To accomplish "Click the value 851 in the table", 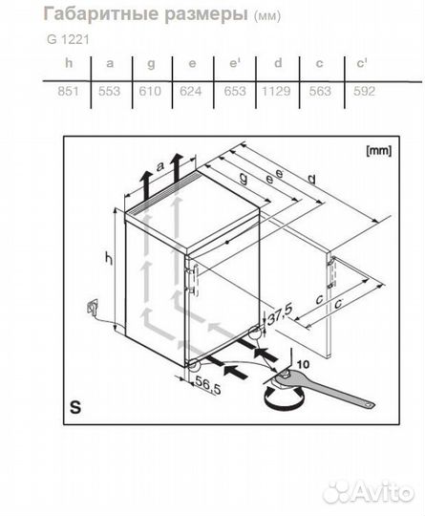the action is click(68, 91).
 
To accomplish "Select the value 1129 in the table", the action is click(276, 91).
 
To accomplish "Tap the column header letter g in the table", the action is click(151, 63).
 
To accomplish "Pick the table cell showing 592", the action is click(364, 91).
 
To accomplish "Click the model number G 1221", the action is click(68, 39).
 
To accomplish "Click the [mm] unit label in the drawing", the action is click(378, 151).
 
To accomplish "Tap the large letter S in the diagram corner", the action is click(75, 407).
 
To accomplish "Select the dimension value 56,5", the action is click(207, 385).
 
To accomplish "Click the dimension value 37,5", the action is click(279, 314).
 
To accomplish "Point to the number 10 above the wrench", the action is click(303, 364).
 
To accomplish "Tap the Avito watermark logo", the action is click(368, 492).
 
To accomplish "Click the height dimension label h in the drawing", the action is click(109, 257).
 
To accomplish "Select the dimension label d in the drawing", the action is click(311, 180).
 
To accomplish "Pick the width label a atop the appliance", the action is click(160, 167).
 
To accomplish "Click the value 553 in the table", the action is click(109, 91).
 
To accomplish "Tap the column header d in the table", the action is click(278, 62).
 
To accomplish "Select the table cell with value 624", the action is click(191, 91).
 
